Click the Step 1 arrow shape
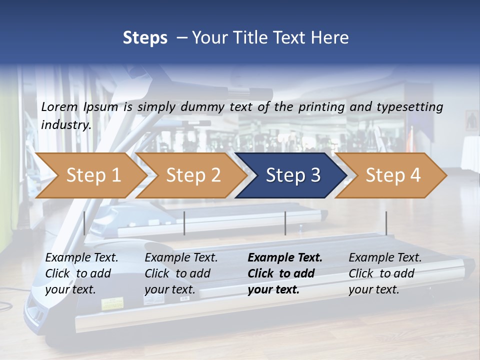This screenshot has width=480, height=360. point(93,175)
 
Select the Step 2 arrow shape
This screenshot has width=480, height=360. point(193,175)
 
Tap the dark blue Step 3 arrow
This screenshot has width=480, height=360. point(292,175)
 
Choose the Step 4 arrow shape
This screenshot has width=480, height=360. point(392,175)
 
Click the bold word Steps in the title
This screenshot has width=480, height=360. point(145,38)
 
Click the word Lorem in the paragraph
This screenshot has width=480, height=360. point(59,106)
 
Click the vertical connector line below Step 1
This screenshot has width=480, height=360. point(84,223)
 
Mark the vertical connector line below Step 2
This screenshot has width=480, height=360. point(184,223)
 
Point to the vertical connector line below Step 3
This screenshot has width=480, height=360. point(285,223)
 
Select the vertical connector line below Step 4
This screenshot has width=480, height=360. point(386,223)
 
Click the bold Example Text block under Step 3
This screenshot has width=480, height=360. point(285,273)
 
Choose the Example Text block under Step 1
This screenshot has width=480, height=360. point(81,273)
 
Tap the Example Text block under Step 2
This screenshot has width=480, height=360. point(181,273)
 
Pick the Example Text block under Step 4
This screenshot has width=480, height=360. point(385,273)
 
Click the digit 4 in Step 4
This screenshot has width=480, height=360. point(414,175)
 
